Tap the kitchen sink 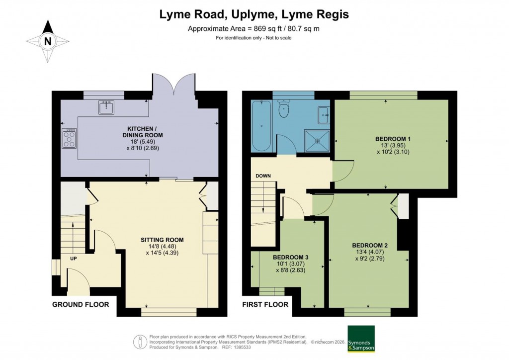point(106,107)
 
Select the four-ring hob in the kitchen point(69,138)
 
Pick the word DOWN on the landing point(263,176)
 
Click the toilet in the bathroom point(285,109)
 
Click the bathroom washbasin point(324,115)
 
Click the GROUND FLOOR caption point(81,304)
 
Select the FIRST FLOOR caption point(265,304)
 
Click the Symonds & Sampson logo point(360,339)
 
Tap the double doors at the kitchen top point(174,85)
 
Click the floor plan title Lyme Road point(254,14)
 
